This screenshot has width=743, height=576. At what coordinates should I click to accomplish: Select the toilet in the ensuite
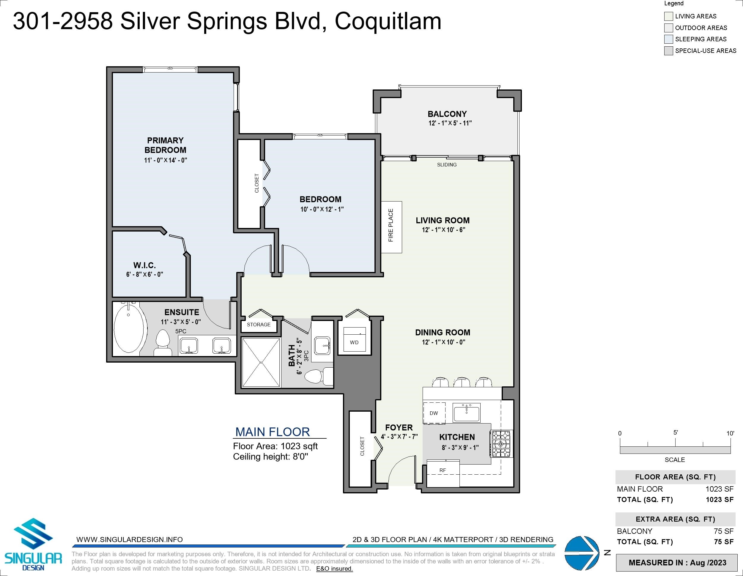tap(163, 343)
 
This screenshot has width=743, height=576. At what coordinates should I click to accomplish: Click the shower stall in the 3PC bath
tap(261, 362)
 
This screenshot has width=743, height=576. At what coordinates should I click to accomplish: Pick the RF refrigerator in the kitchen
tap(443, 473)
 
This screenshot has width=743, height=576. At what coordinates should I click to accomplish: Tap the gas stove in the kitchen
tap(501, 444)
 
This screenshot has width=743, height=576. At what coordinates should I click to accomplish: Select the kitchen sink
tap(466, 412)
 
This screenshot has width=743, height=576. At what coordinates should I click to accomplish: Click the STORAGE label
tap(259, 325)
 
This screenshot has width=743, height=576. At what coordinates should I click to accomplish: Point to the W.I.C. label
tap(144, 265)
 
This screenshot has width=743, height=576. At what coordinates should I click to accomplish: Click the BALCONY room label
tap(447, 114)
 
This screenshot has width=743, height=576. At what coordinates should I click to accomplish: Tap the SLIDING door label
tap(447, 165)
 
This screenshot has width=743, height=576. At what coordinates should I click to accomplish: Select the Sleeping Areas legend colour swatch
tap(668, 39)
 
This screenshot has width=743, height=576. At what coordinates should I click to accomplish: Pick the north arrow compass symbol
tap(582, 553)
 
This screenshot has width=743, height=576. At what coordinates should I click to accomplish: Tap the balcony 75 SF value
tap(724, 531)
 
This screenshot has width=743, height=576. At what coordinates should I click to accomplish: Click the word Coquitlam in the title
tap(388, 21)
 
